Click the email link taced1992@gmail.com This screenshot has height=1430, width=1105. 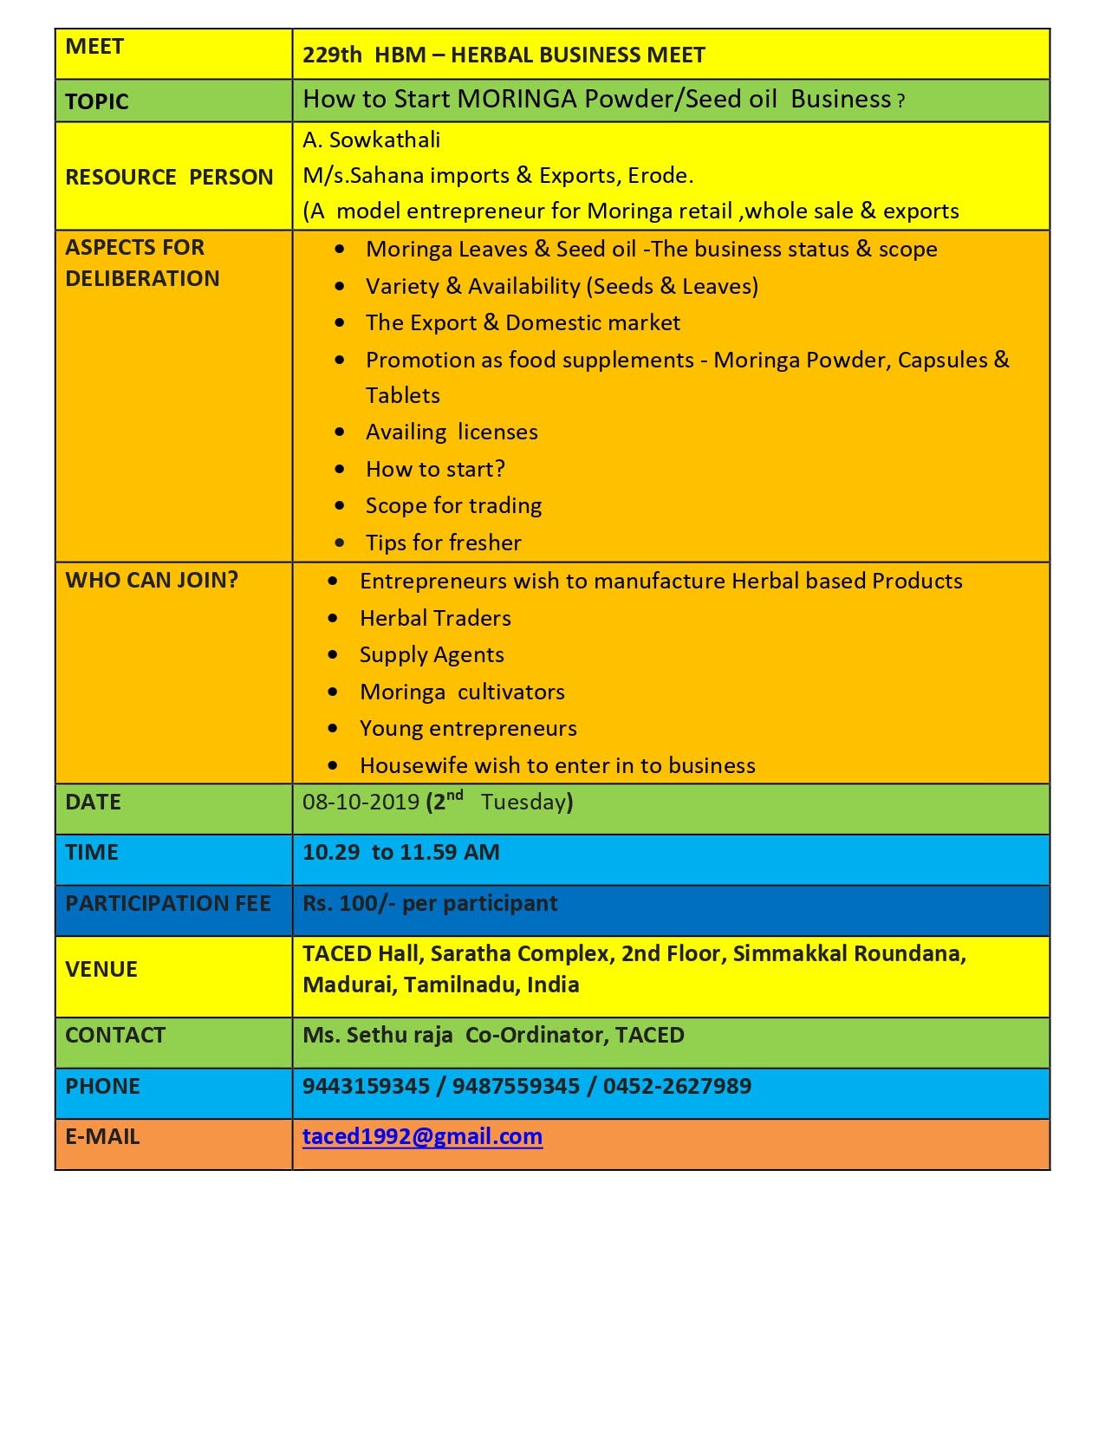point(422,1136)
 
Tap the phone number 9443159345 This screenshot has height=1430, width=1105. point(366,1086)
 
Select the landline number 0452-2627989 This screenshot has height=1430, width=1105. point(677,1086)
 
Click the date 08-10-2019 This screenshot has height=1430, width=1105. point(361,802)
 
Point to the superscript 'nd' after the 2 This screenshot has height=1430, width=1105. point(455,795)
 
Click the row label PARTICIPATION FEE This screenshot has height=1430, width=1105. point(167,903)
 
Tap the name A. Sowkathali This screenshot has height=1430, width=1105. point(371,140)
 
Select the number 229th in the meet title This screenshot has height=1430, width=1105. point(332,55)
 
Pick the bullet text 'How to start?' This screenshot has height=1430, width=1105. point(435,469)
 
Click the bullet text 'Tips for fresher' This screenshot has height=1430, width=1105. point(443,543)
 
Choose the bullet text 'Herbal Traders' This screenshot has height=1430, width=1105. point(435,618)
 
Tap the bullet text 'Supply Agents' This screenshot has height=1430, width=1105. point(432,654)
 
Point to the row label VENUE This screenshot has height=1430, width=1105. point(101,969)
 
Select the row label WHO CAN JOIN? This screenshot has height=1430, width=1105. point(152,580)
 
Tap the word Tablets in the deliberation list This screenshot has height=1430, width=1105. point(403,395)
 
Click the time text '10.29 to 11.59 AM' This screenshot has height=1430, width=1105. point(400,852)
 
